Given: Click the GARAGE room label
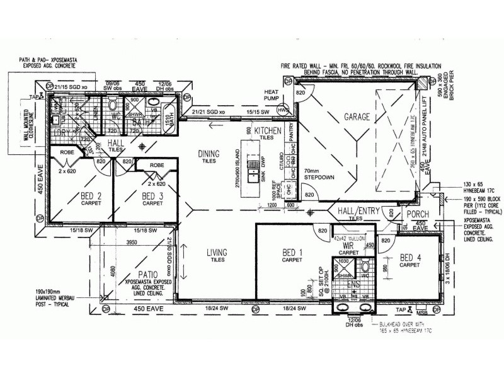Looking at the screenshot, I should (356, 117).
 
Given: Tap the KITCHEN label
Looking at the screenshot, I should (266, 130).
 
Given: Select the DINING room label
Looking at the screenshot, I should (208, 153).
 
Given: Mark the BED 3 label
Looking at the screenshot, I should (152, 196).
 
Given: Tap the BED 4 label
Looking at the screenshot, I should (411, 257).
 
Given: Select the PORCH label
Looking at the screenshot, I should (417, 214).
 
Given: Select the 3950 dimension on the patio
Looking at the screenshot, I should (131, 243).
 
